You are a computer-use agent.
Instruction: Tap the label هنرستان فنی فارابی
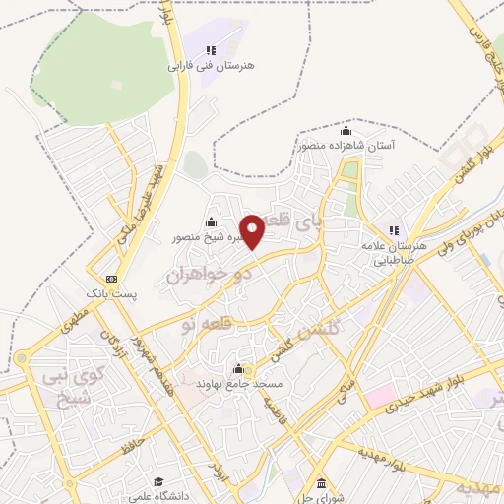click(x=211, y=66)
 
